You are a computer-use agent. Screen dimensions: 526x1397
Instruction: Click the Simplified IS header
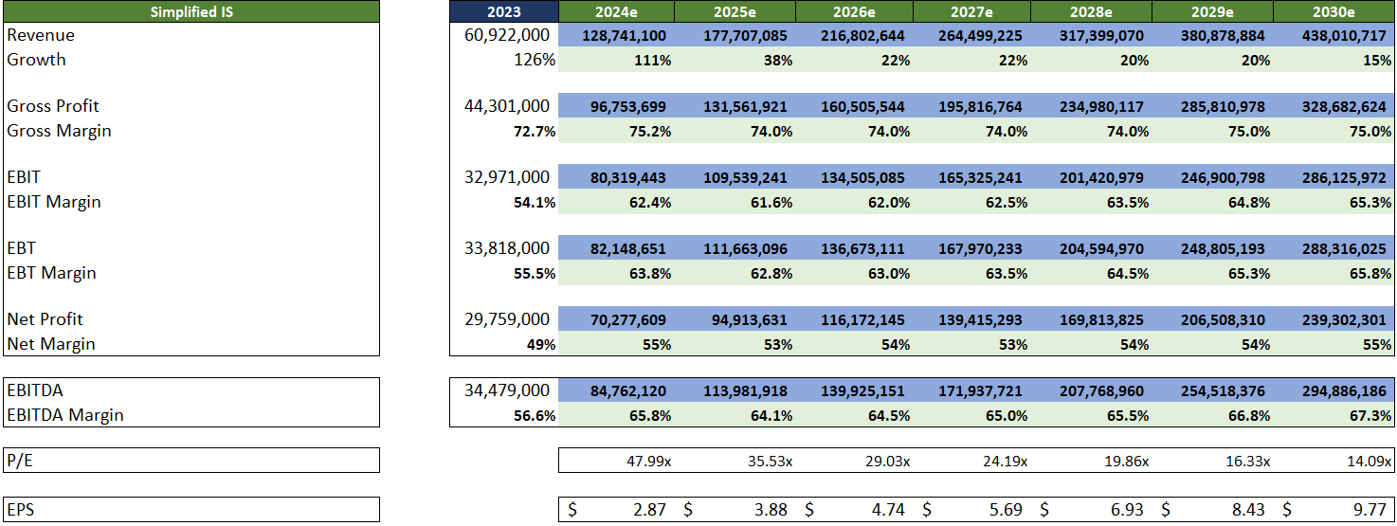coord(190,11)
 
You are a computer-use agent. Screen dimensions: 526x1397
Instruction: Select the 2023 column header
coord(503,11)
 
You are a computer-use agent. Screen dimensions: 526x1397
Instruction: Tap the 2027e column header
coord(971,11)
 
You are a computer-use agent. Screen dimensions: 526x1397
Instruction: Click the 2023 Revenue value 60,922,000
coord(507,35)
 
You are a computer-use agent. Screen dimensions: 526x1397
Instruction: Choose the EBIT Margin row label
coord(54,202)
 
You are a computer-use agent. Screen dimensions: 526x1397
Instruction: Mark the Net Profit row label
coord(45,319)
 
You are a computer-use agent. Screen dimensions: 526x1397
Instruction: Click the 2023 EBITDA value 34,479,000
coord(507,390)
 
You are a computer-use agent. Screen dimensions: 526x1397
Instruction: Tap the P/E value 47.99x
coord(644,461)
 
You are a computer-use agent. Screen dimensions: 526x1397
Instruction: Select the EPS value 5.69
coord(1004,510)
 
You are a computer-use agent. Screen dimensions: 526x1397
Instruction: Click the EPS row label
coord(21,510)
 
